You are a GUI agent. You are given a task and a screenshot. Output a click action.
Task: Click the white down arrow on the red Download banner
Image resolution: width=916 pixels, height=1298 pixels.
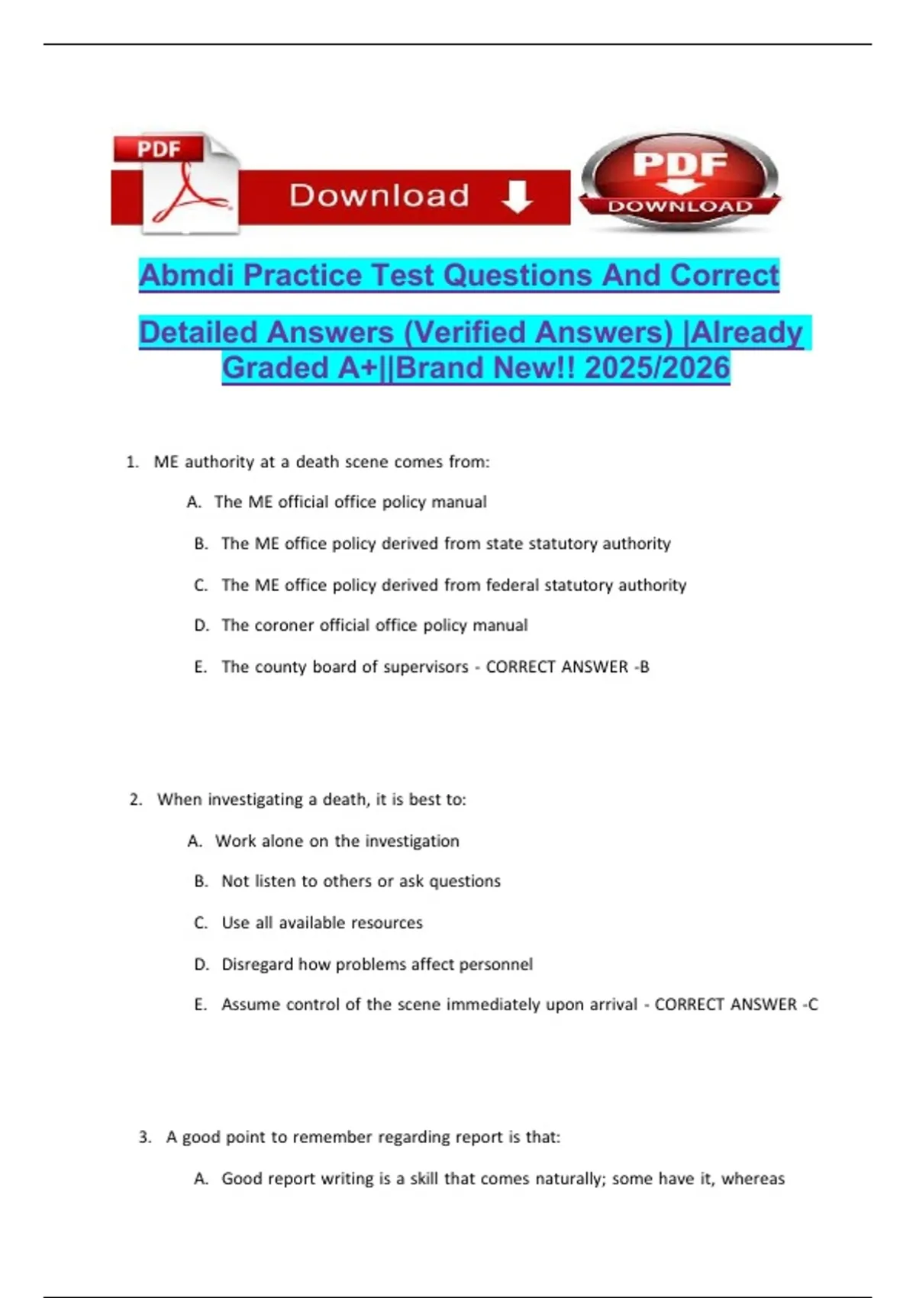[517, 197]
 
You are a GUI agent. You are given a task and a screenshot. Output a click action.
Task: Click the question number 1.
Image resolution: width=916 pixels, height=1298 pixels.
[132, 462]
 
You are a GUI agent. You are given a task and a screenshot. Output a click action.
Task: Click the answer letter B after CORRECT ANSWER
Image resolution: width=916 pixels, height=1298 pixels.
[644, 667]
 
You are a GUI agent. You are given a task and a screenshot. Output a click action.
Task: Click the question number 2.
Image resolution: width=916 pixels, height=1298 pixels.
[136, 799]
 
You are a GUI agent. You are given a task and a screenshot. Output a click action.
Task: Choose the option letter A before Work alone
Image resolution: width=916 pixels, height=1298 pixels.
[194, 841]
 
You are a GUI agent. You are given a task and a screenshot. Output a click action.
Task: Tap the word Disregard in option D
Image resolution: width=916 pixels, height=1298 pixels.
[256, 964]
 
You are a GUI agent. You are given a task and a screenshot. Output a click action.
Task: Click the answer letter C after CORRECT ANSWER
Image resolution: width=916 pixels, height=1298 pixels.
[812, 1004]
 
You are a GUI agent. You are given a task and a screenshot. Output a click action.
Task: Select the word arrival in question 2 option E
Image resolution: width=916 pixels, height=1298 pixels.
[608, 1004]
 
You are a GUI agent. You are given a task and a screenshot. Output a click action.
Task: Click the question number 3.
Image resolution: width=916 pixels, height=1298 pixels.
[144, 1137]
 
